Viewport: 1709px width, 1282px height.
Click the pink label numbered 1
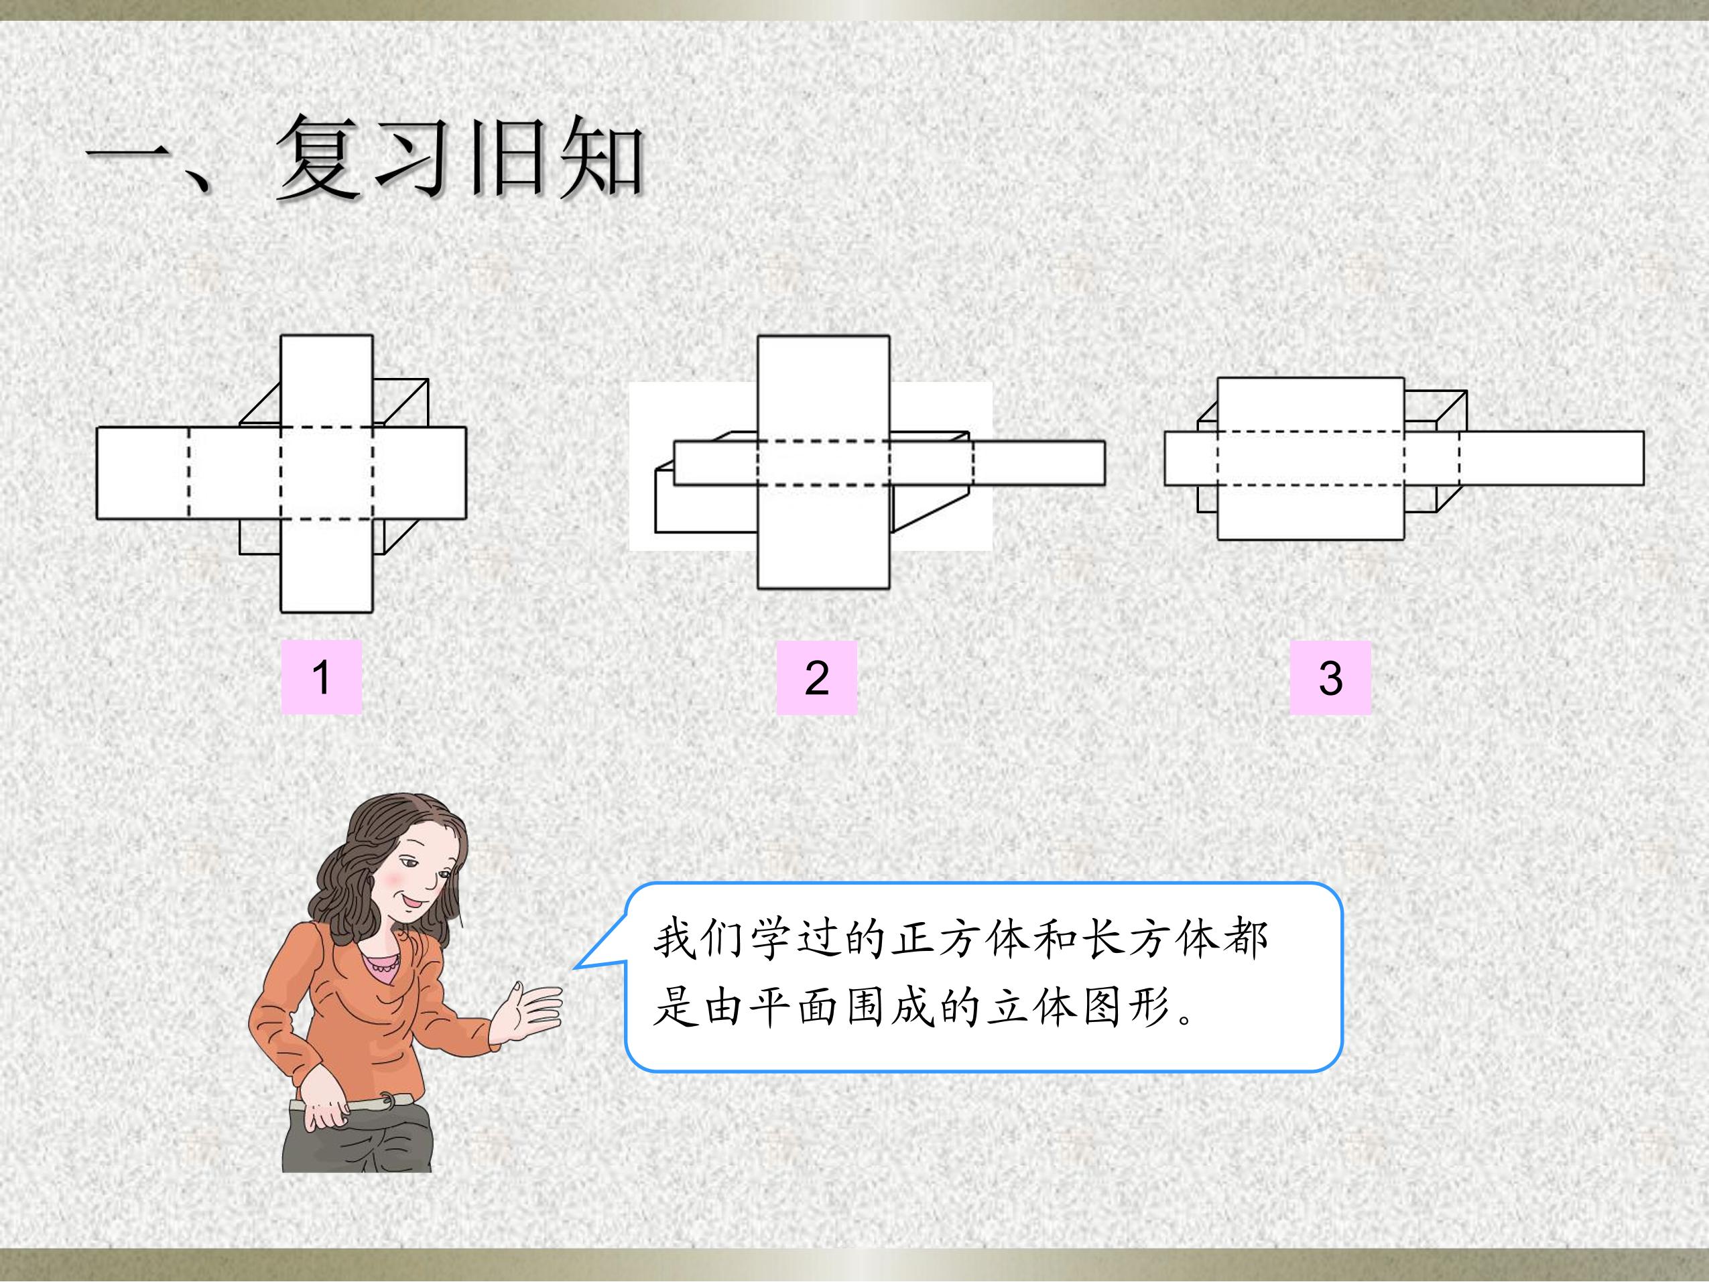click(322, 677)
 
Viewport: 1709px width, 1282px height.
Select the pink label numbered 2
click(817, 678)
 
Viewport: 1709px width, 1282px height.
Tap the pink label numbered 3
click(1330, 678)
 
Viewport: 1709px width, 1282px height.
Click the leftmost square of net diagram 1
click(143, 473)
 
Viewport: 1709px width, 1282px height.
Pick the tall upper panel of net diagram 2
click(824, 388)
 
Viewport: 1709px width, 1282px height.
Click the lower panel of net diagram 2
click(824, 537)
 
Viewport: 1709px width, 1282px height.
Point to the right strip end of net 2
click(1039, 463)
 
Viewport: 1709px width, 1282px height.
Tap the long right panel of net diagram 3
click(1552, 458)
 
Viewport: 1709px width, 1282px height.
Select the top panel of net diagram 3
click(1311, 404)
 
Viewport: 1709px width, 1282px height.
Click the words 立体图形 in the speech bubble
click(1078, 1009)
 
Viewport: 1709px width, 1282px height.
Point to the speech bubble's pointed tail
click(576, 967)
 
